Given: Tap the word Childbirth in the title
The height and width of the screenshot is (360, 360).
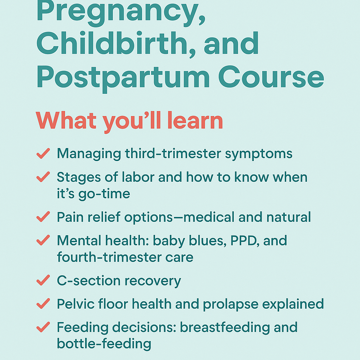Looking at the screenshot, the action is [x=112, y=44].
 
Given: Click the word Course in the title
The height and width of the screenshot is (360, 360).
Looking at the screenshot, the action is [x=271, y=77].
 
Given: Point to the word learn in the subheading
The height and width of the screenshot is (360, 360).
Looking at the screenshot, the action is [x=195, y=120].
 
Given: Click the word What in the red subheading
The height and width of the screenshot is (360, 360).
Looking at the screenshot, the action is [x=66, y=120].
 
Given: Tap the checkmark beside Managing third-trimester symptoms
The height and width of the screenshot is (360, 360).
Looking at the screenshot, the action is [x=43, y=153].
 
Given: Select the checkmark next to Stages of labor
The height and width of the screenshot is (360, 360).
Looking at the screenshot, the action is [x=43, y=177].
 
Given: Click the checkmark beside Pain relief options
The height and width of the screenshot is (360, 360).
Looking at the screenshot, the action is [x=43, y=217].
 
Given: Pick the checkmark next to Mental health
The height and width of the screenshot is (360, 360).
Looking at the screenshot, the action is [x=43, y=240].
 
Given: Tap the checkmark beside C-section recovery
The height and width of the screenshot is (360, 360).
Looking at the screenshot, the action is [x=43, y=280].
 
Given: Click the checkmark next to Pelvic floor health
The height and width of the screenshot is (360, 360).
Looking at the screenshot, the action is [x=43, y=303].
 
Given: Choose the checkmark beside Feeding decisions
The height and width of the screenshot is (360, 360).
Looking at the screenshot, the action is [x=43, y=327].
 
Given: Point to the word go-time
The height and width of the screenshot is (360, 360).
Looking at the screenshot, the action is [x=104, y=194].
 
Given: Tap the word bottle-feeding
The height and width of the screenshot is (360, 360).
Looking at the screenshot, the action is [x=104, y=344].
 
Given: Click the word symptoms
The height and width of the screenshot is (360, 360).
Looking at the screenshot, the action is [x=258, y=154].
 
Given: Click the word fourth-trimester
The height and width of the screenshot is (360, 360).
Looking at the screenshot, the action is [x=110, y=257].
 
